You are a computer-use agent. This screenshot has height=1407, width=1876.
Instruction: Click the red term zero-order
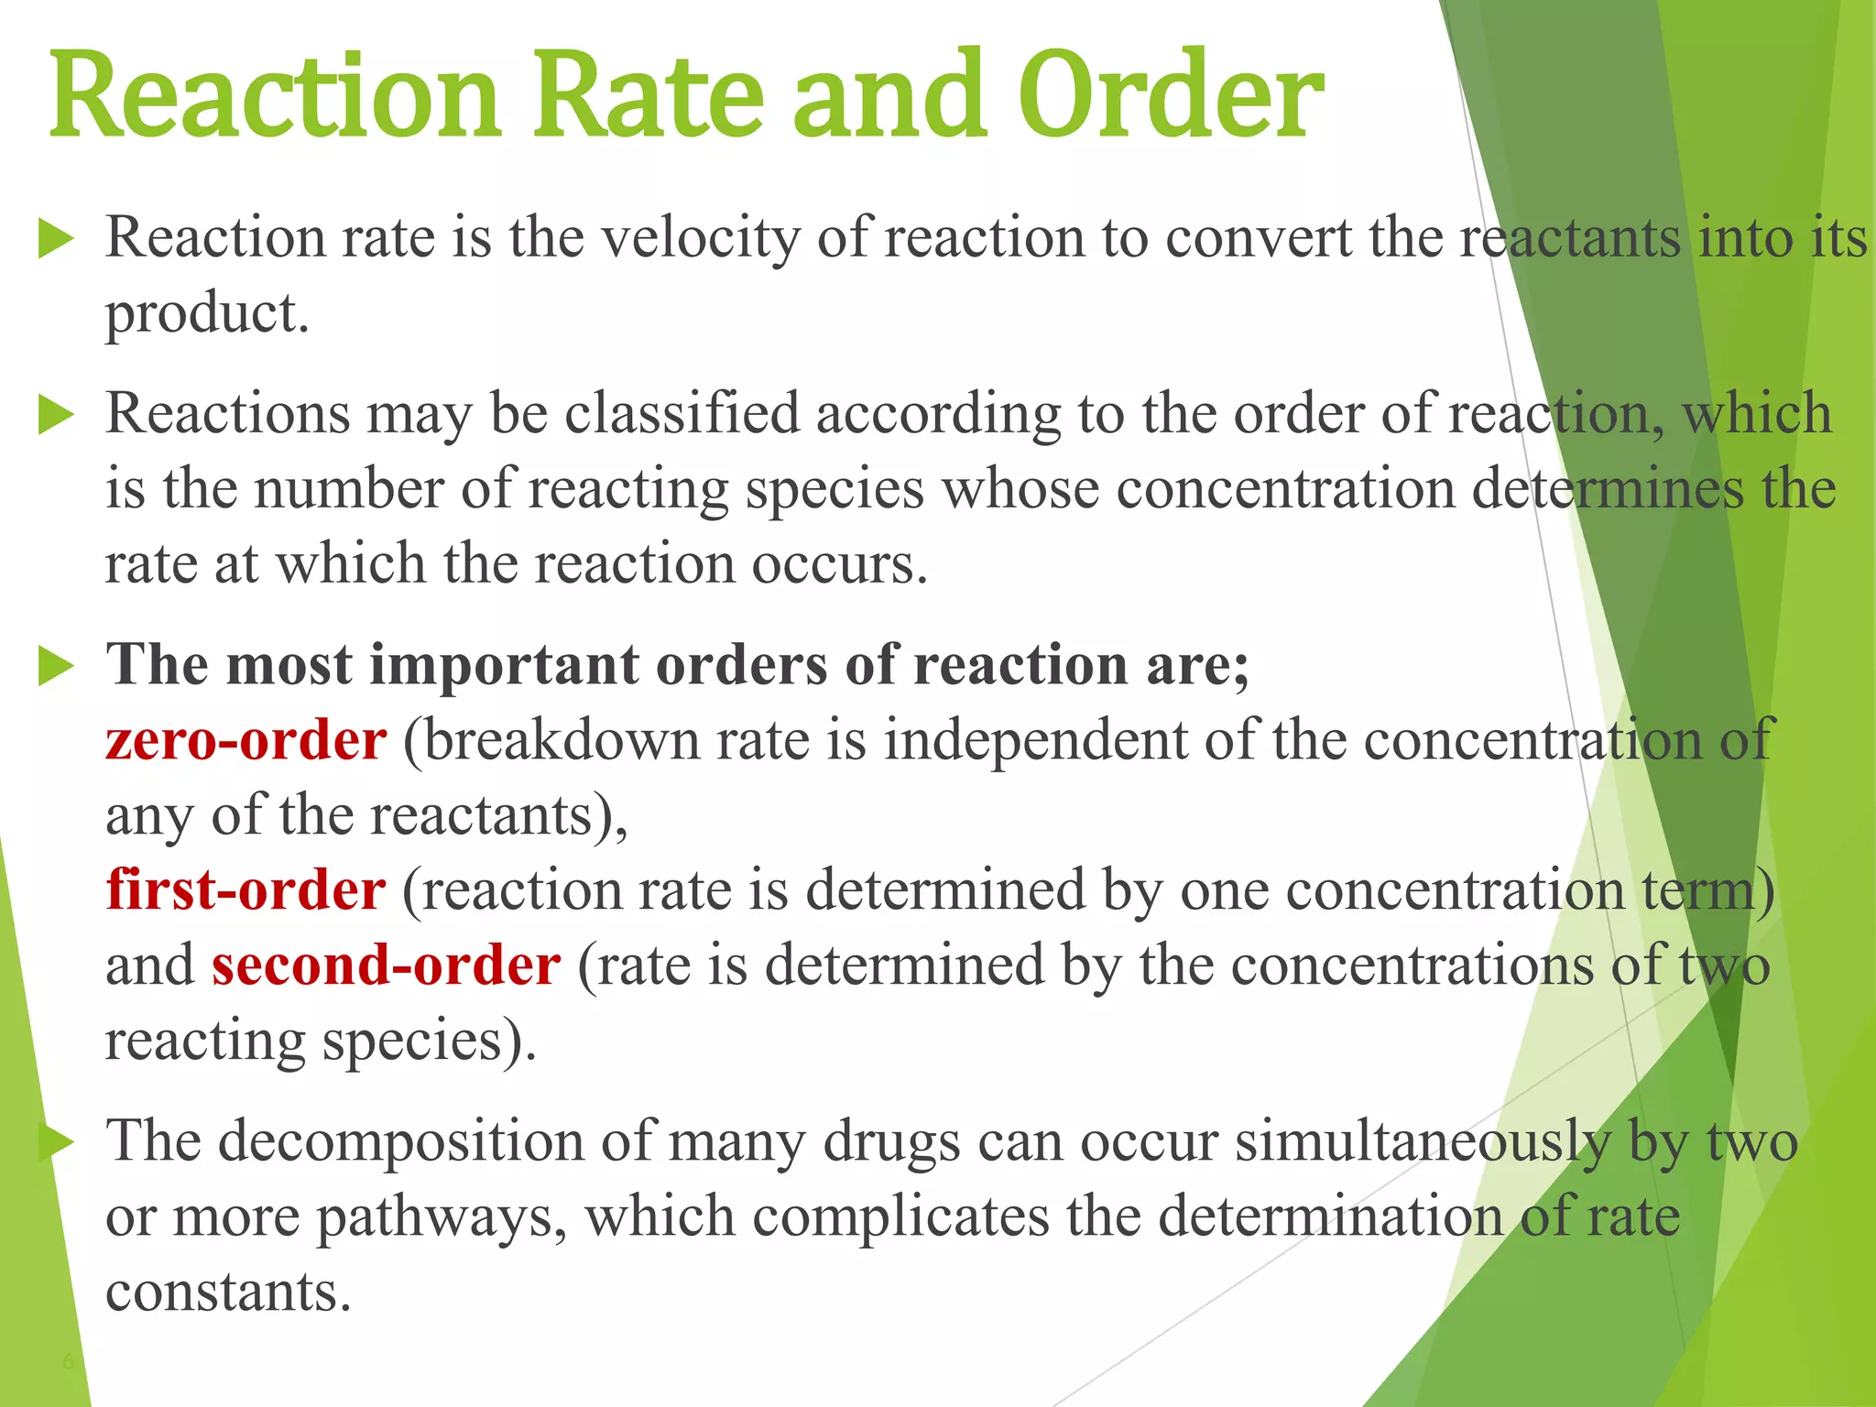pyautogui.click(x=245, y=740)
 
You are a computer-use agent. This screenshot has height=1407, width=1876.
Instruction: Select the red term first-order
pyautogui.click(x=245, y=890)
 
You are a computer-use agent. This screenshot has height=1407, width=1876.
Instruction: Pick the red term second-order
pyautogui.click(x=386, y=965)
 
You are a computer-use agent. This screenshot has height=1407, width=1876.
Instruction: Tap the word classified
pyautogui.click(x=682, y=414)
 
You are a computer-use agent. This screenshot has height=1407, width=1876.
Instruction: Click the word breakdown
pyautogui.click(x=561, y=740)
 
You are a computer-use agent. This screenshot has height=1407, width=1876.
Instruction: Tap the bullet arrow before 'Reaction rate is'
pyautogui.click(x=56, y=240)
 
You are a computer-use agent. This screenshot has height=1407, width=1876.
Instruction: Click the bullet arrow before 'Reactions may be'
pyautogui.click(x=56, y=416)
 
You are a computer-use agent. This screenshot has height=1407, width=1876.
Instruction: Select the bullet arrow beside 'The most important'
pyautogui.click(x=56, y=666)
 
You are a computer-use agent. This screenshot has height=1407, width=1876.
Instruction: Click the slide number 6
pyautogui.click(x=68, y=1361)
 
